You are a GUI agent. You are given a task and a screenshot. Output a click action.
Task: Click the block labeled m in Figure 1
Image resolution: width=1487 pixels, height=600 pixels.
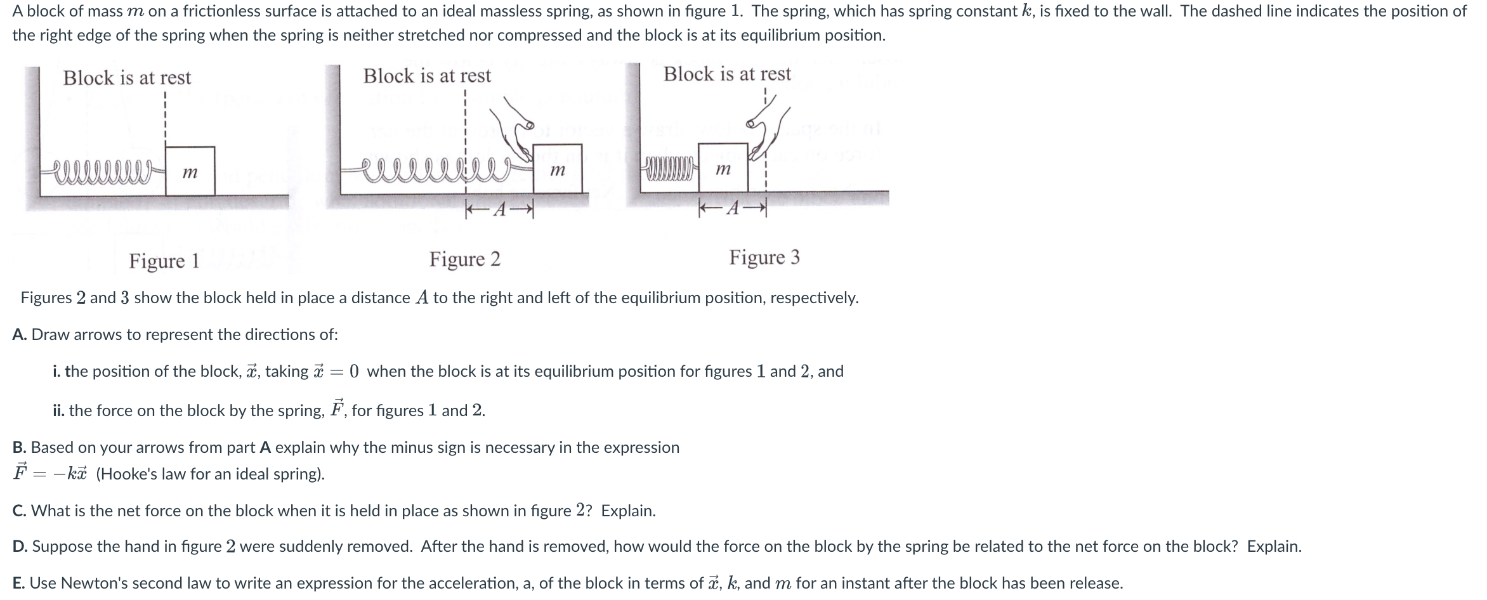[190, 171]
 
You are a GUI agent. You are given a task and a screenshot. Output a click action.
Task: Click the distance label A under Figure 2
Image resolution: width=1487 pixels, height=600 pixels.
[500, 210]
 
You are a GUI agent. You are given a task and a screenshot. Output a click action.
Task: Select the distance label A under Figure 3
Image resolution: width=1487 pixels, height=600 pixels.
[733, 208]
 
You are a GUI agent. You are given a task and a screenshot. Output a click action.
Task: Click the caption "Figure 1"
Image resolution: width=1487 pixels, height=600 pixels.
[164, 261]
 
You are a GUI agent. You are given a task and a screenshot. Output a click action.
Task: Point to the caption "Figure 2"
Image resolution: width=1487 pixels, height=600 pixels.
[464, 259]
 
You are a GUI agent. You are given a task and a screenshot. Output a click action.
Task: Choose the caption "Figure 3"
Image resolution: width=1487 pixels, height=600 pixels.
[764, 257]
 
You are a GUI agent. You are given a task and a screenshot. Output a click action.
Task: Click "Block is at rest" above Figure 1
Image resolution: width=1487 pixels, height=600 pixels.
[127, 78]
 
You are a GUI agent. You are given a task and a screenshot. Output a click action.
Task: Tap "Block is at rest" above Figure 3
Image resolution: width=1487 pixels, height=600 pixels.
[727, 74]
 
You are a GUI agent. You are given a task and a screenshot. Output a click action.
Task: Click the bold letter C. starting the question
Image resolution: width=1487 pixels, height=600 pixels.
[20, 511]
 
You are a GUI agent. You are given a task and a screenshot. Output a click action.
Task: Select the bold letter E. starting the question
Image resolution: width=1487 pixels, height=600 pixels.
[19, 583]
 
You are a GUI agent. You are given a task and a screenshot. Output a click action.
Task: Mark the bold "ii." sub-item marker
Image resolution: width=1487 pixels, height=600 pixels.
[59, 410]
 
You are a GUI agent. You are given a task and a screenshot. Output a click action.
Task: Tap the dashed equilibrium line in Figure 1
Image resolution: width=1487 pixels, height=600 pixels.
[164, 121]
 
